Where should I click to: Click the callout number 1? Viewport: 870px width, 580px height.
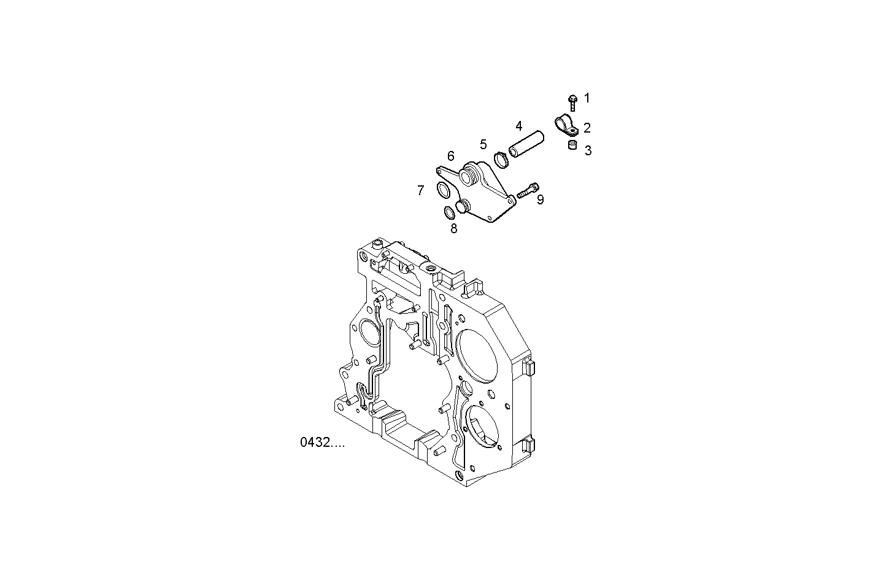pyautogui.click(x=587, y=98)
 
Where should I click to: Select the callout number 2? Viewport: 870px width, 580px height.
pyautogui.click(x=587, y=128)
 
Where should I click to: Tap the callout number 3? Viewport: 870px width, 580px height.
pyautogui.click(x=588, y=150)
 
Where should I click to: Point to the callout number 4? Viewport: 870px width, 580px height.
pyautogui.click(x=519, y=126)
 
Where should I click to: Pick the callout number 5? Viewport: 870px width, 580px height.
pyautogui.click(x=483, y=144)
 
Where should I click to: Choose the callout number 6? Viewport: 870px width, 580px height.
pyautogui.click(x=450, y=156)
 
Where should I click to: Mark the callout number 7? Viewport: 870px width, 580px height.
pyautogui.click(x=420, y=190)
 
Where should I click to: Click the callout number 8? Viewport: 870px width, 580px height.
pyautogui.click(x=453, y=229)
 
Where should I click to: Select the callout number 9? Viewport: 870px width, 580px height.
pyautogui.click(x=540, y=199)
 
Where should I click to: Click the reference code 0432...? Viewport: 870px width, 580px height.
pyautogui.click(x=322, y=442)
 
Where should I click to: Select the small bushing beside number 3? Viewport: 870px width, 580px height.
pyautogui.click(x=572, y=145)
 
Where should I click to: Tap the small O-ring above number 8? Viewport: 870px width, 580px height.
pyautogui.click(x=449, y=212)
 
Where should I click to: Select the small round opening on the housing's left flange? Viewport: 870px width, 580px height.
pyautogui.click(x=368, y=334)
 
